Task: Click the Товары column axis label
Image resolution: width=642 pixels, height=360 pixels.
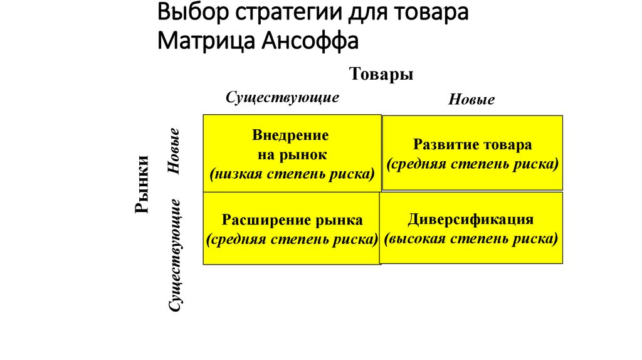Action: click(x=381, y=74)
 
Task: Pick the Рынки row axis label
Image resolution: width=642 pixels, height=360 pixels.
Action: click(x=142, y=184)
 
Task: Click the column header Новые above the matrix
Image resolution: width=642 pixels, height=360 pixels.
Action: click(x=471, y=100)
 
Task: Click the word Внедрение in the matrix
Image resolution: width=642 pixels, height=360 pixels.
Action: click(x=291, y=135)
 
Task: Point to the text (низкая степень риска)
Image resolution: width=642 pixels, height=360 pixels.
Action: click(x=292, y=173)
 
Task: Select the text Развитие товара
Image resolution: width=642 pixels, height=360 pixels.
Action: click(x=473, y=145)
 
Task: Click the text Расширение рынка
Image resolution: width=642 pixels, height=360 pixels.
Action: click(x=292, y=220)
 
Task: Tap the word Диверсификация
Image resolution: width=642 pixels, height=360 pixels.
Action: click(x=471, y=220)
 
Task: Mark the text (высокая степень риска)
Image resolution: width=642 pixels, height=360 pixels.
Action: click(x=471, y=239)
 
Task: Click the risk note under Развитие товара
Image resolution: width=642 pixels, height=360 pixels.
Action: click(x=473, y=164)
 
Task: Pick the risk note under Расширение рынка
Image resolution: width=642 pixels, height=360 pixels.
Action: click(x=292, y=239)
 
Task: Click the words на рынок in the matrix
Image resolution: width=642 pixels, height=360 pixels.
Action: click(x=292, y=154)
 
